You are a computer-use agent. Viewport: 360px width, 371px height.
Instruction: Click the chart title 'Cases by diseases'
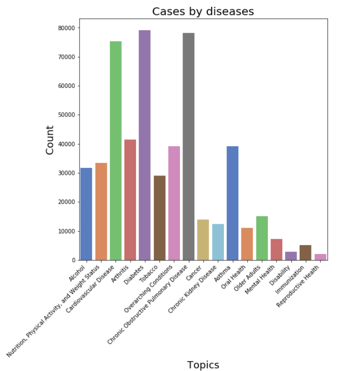click(x=203, y=11)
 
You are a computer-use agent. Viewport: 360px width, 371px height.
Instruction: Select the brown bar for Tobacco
click(x=159, y=218)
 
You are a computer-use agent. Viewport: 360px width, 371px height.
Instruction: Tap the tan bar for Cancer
click(x=203, y=240)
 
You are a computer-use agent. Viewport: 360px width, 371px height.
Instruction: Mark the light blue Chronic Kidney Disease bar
click(x=218, y=242)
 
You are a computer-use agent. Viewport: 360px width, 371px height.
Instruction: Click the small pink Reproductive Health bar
click(x=320, y=257)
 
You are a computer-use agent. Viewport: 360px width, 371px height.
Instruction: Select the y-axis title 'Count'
click(x=50, y=140)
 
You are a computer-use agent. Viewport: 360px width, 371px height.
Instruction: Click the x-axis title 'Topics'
click(x=203, y=365)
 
